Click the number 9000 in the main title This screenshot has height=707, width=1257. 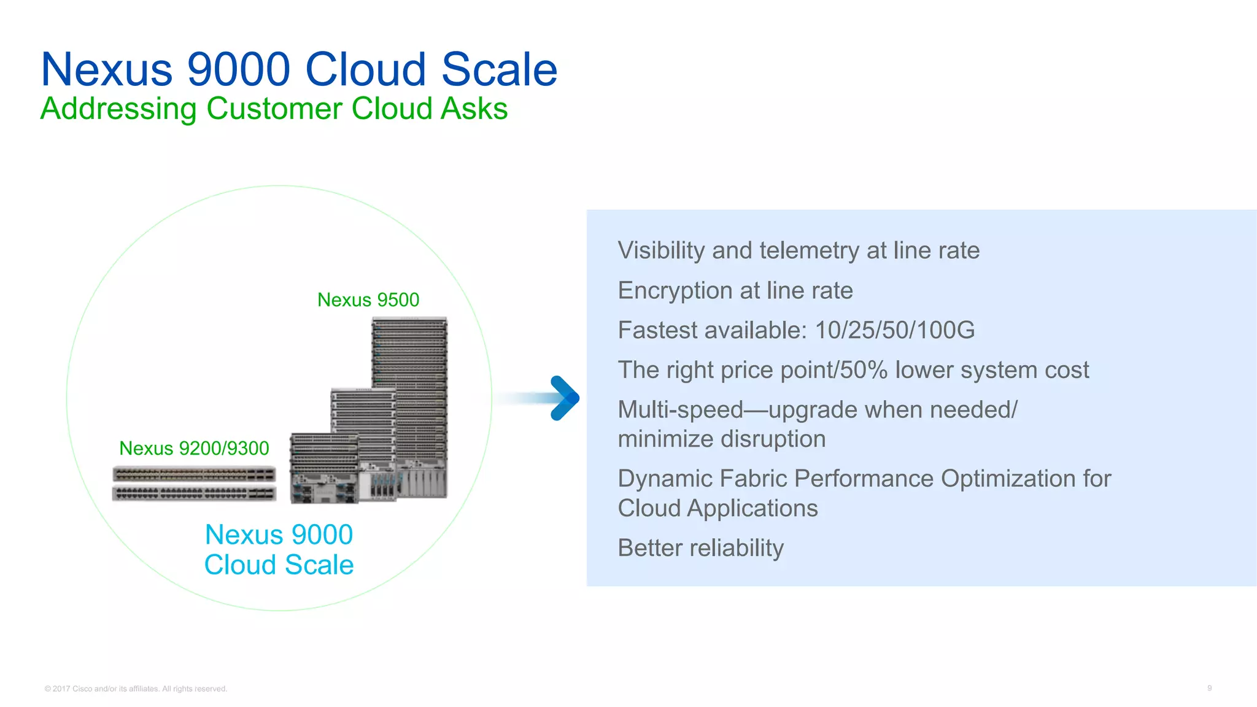(x=238, y=69)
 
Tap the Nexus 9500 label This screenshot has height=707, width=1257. (x=368, y=299)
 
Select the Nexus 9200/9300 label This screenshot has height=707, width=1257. (x=194, y=448)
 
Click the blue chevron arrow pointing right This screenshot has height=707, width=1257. (x=564, y=398)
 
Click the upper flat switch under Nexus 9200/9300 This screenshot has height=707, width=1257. (x=194, y=474)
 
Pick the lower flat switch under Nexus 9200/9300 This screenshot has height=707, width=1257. (x=194, y=493)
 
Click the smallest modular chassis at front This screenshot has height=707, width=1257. (x=323, y=469)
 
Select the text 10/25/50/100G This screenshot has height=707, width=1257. (x=894, y=330)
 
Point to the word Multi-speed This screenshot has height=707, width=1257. (x=680, y=410)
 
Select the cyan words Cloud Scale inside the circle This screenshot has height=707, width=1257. (x=279, y=565)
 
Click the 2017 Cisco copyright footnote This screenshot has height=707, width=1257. (x=136, y=689)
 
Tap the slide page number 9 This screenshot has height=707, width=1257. (x=1209, y=688)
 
